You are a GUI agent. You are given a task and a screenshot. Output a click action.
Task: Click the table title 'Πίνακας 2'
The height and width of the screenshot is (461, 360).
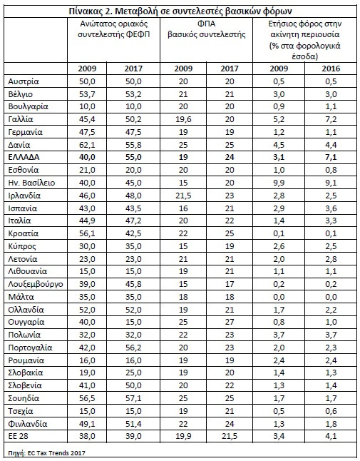[90, 11]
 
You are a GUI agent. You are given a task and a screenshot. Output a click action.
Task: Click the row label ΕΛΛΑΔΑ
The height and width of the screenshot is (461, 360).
[24, 157]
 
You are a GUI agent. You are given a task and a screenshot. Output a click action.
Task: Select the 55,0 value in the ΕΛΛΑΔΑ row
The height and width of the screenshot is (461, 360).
[133, 157]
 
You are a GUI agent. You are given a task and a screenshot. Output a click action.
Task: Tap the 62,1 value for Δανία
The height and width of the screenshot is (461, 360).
[87, 145]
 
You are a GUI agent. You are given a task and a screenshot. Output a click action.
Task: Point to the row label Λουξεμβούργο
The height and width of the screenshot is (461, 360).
[36, 284]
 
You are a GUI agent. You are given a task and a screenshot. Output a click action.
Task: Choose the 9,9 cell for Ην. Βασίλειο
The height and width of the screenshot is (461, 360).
[279, 183]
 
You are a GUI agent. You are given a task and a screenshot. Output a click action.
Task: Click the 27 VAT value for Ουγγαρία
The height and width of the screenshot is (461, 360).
[230, 322]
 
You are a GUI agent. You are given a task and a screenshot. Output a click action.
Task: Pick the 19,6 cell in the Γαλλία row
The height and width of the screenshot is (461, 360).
[183, 119]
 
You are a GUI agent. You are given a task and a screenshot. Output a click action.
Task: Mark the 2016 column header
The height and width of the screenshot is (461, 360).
[331, 69]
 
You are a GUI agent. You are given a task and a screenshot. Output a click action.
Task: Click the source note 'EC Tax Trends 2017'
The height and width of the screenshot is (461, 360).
[56, 452]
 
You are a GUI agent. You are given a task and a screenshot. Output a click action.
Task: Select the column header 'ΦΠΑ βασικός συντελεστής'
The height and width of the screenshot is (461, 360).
[207, 29]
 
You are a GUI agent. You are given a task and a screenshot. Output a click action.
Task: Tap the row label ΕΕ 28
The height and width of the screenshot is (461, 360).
[19, 436]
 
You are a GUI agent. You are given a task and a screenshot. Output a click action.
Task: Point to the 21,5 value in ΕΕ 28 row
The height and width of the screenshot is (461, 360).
[230, 436]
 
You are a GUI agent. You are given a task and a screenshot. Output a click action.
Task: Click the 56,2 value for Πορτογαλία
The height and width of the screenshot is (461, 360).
[133, 348]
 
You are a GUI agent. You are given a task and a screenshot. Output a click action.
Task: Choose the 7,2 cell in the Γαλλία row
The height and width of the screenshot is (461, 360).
[331, 119]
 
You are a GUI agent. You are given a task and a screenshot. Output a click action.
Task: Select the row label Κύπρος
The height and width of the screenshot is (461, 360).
[22, 246]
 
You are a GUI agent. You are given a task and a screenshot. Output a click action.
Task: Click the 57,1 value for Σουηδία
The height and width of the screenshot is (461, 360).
[133, 398]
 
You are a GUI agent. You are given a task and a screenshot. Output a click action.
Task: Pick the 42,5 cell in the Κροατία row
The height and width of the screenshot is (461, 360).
[133, 233]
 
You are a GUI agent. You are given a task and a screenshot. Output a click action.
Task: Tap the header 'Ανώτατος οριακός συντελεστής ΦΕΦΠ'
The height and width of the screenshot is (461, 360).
[113, 29]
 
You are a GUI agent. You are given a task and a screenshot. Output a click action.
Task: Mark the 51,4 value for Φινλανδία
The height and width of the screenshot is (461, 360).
[133, 424]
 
